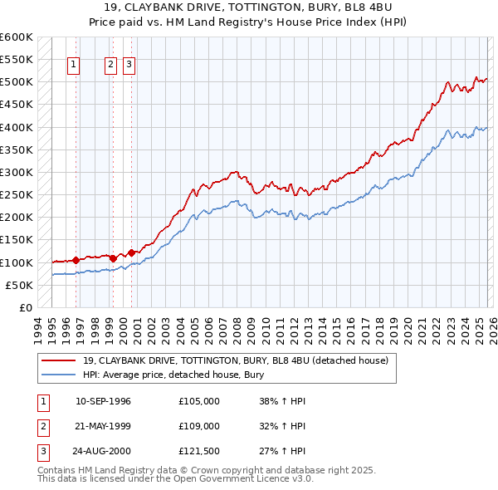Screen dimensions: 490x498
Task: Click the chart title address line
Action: point(249,7)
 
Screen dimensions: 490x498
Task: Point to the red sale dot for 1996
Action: point(76,260)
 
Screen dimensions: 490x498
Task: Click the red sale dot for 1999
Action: point(113,258)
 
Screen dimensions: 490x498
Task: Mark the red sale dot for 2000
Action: point(131,252)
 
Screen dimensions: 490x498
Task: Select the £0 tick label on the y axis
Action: point(24,307)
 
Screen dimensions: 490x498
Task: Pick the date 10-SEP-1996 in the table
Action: point(103,401)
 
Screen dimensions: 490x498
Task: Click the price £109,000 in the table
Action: point(199,426)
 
